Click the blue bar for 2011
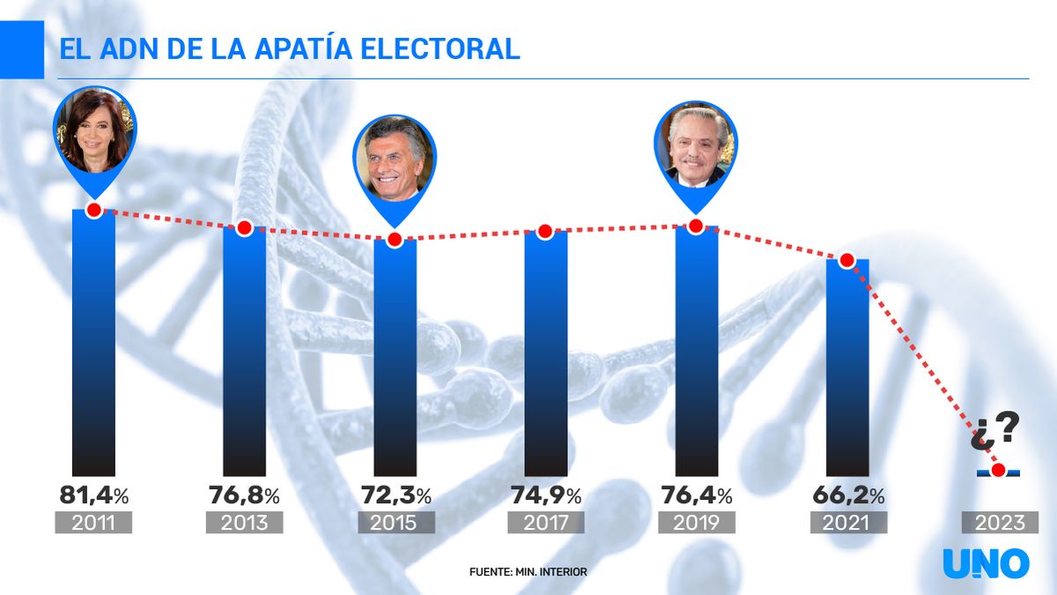tap(93, 344)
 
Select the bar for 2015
tap(395, 357)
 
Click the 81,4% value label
tap(93, 495)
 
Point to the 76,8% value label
tap(244, 495)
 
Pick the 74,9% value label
tap(545, 495)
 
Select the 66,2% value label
tap(846, 495)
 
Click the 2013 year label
tap(244, 523)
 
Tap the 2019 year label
tap(696, 523)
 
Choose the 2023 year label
tap(999, 523)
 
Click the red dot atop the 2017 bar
tap(545, 232)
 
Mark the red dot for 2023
tap(998, 471)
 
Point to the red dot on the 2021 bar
tap(846, 260)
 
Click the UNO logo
tap(986, 563)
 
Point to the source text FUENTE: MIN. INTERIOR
tap(528, 572)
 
